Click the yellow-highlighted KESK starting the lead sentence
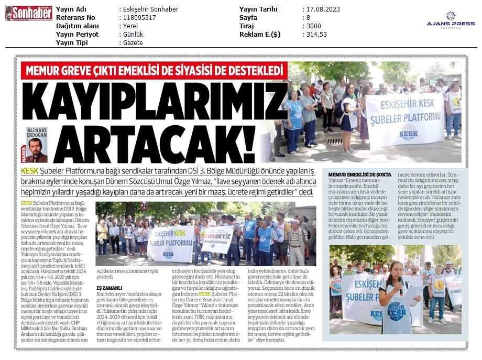(x=31, y=171)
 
